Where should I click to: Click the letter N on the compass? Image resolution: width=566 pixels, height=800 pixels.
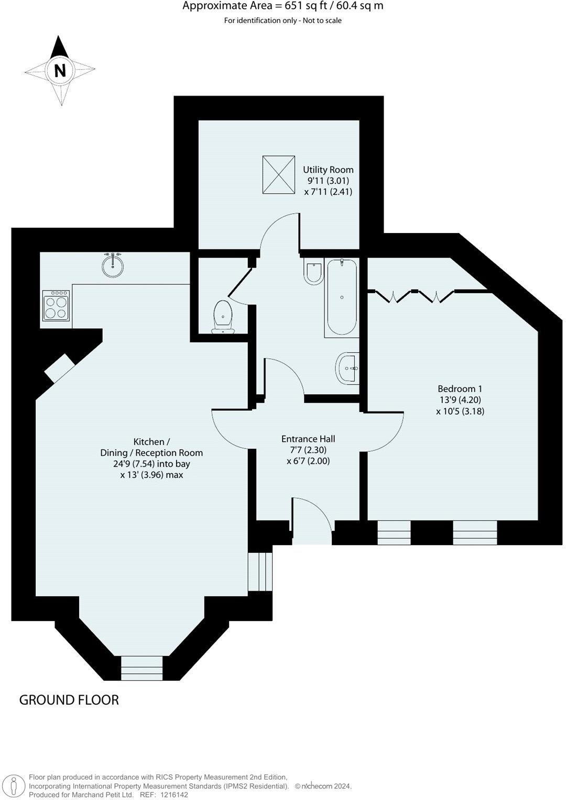pos(60,70)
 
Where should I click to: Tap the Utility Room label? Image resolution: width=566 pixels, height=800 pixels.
pos(328,170)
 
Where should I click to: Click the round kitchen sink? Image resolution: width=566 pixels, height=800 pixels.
pos(113,265)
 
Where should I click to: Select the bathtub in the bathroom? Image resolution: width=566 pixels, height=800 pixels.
pos(342,297)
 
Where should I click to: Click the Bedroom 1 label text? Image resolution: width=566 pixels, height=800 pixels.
pos(460,388)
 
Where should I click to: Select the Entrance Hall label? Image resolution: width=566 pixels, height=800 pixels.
pos(308,439)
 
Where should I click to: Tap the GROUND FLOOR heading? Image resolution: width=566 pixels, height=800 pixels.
pos(69,700)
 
